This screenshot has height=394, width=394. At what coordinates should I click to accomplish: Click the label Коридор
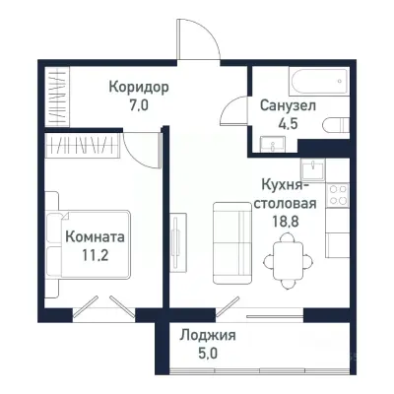pos(139,87)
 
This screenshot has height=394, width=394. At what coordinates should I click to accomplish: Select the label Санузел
pos(288,105)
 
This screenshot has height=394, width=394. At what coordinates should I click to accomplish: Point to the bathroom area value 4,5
pos(288,123)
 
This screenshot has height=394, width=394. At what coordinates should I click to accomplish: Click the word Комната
pos(96,236)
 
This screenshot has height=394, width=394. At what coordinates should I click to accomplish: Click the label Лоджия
pos(207,335)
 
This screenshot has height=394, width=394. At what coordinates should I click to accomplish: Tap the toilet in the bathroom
pos(338,125)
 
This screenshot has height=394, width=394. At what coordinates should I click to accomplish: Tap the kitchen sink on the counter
pos(316,170)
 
